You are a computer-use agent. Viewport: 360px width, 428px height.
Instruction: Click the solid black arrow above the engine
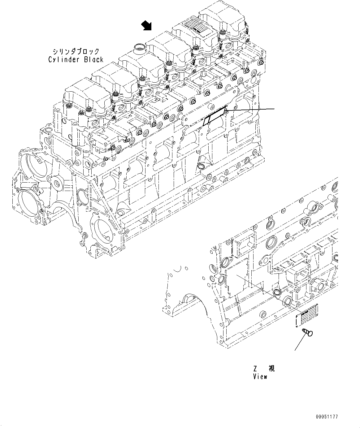coord(147,26)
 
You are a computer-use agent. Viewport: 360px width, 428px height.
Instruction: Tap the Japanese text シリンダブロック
coord(76,51)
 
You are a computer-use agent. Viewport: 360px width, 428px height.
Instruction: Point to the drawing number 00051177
coord(327,417)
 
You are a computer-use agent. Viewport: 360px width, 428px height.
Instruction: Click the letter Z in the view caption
coord(255,369)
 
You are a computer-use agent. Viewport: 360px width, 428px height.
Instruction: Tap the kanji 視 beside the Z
coord(271,369)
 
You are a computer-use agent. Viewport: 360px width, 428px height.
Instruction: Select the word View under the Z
coord(260,377)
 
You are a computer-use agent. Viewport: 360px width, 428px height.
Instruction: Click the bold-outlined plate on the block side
coord(215,116)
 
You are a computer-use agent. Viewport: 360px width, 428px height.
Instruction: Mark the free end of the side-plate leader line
coord(274,109)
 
